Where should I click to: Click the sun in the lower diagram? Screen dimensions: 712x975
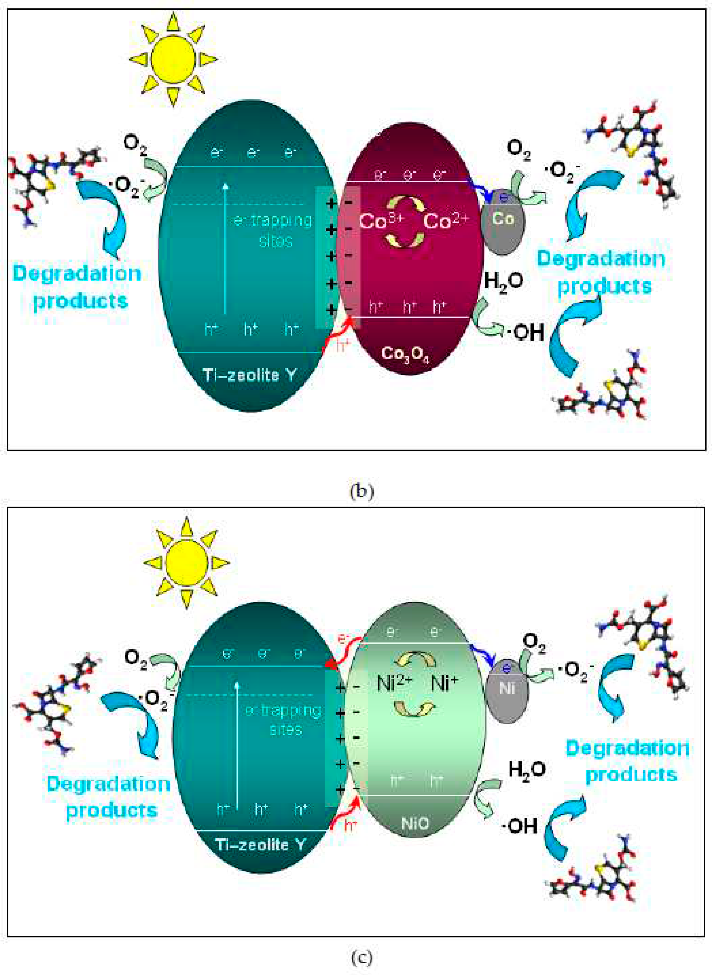186,563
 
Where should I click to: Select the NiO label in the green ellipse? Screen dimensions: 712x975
415,823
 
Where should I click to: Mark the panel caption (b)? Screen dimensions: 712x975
361,491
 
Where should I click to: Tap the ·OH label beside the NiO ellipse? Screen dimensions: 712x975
519,826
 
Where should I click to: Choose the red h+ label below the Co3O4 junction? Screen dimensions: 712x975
343,345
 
